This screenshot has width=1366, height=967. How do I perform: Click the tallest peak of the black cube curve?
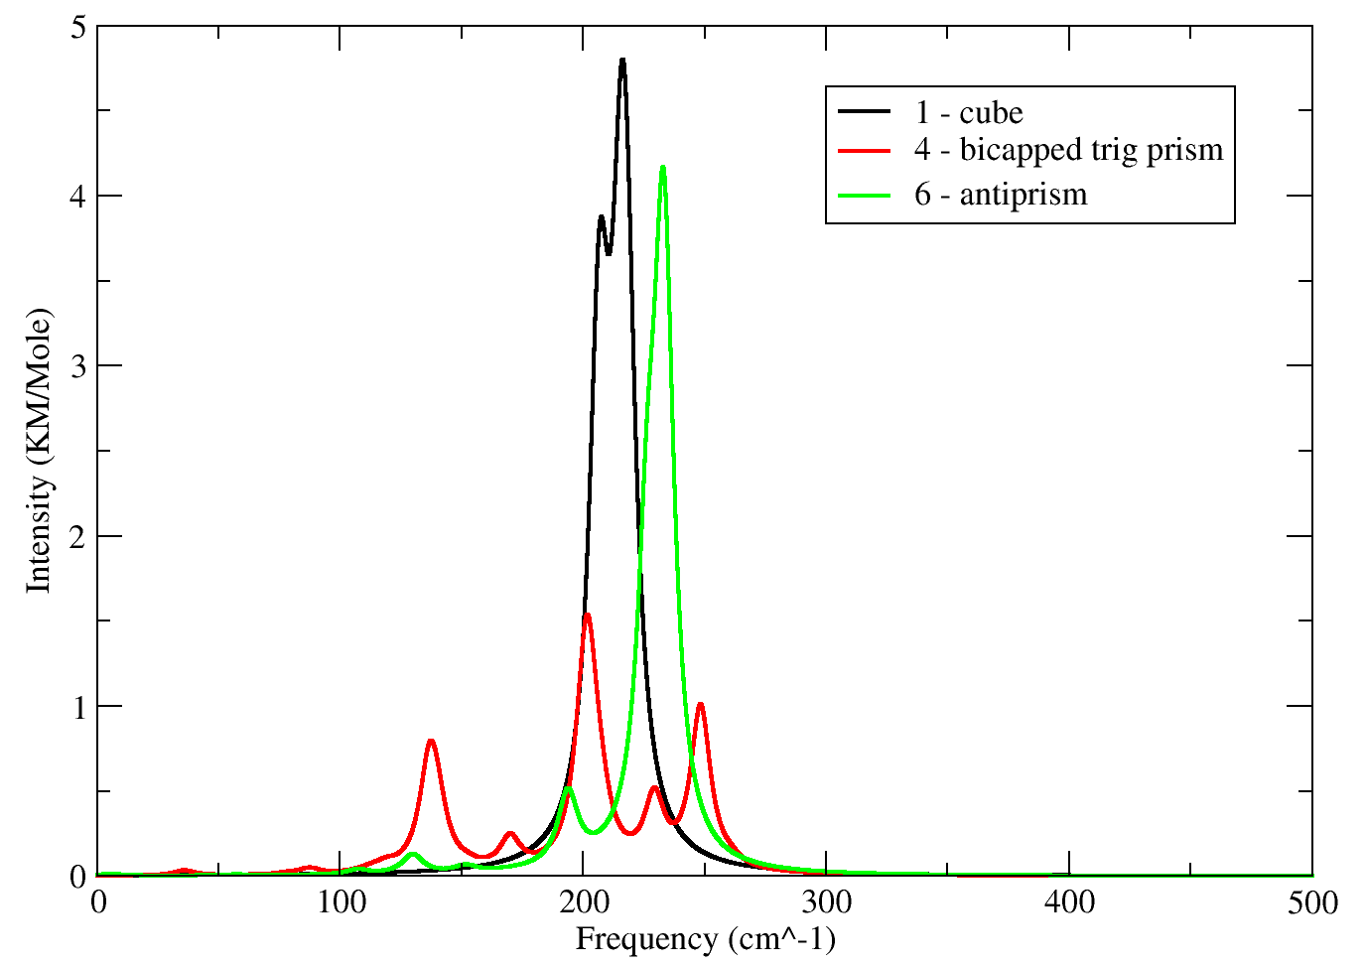click(622, 61)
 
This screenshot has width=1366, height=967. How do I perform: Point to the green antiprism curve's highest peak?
click(662, 167)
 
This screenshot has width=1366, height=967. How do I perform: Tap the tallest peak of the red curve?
click(588, 616)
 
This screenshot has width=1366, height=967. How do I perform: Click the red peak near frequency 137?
click(431, 741)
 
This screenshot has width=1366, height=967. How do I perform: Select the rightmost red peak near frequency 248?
click(701, 704)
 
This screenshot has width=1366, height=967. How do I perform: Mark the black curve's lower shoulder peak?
click(601, 216)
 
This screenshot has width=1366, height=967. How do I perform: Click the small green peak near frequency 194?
click(568, 787)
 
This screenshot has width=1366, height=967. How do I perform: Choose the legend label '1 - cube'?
click(968, 112)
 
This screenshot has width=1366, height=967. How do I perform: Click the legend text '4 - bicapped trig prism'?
click(1068, 150)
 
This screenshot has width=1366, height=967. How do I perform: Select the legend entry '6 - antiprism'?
click(1001, 194)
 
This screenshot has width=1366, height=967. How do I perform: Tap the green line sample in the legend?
click(865, 194)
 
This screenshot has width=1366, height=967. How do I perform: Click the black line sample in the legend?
click(865, 112)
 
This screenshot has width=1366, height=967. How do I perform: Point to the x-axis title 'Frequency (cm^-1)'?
click(705, 938)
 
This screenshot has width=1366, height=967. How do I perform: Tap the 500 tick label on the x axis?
click(1311, 902)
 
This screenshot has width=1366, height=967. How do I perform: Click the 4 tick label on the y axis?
click(76, 197)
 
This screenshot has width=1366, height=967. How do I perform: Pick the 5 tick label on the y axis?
click(76, 27)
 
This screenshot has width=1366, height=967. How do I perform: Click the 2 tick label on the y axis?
click(76, 536)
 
